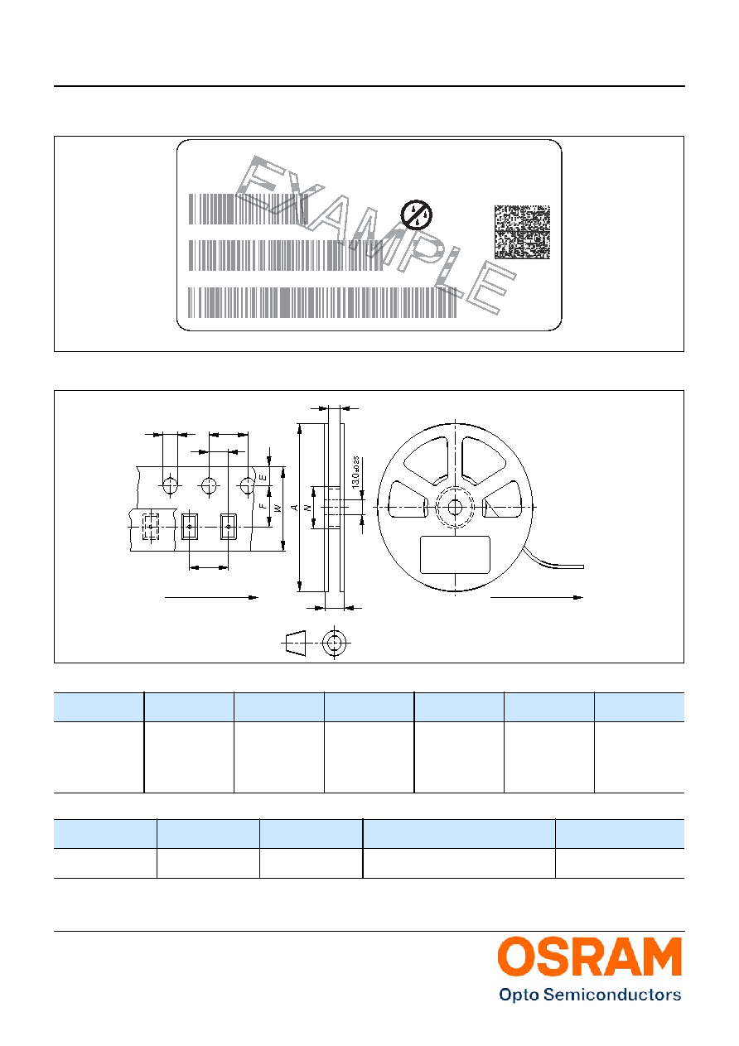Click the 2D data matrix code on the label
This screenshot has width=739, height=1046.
(522, 232)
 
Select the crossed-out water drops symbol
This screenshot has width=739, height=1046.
(416, 215)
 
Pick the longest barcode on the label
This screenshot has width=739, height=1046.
(322, 302)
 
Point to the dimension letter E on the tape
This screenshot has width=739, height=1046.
(263, 477)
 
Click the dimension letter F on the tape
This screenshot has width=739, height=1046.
(263, 506)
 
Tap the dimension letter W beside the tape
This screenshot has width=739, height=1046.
(278, 508)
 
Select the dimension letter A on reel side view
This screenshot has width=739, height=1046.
(295, 507)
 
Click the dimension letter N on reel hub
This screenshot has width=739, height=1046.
(307, 507)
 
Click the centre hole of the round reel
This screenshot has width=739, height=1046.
(455, 507)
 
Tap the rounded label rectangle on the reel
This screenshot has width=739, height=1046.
(455, 555)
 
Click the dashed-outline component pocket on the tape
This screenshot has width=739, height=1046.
(151, 527)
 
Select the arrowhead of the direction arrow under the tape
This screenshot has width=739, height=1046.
(253, 597)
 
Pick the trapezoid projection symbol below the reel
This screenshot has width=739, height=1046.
(295, 643)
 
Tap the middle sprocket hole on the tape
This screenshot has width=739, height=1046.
(209, 485)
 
